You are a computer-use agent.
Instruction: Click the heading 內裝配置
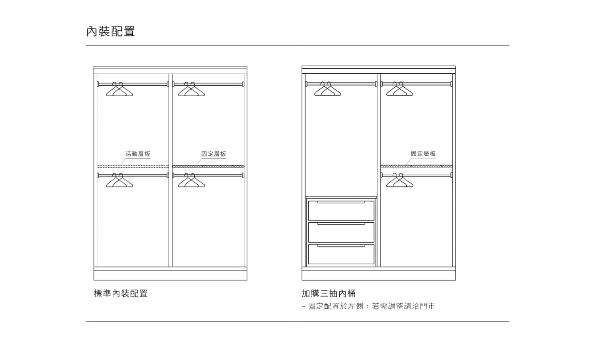click(x=111, y=31)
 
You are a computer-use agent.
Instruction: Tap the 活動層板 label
click(x=138, y=154)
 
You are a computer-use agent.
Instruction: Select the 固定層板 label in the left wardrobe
click(x=214, y=154)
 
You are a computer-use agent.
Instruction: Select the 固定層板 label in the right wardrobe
click(x=423, y=154)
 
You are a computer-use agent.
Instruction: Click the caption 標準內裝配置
click(x=121, y=293)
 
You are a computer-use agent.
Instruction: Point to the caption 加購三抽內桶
click(x=329, y=293)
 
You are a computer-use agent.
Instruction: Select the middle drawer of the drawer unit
click(x=341, y=232)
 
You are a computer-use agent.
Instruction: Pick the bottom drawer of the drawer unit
click(x=341, y=254)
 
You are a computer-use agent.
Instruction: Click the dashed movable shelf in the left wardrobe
click(x=133, y=166)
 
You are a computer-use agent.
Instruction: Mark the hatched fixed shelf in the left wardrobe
click(x=208, y=166)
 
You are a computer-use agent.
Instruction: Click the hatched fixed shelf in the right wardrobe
click(x=416, y=166)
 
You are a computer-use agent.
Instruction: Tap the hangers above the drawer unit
click(x=327, y=89)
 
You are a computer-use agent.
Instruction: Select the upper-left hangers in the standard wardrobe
click(x=119, y=90)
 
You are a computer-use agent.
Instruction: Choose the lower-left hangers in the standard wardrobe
click(x=119, y=180)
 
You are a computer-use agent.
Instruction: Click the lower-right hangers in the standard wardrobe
click(x=191, y=180)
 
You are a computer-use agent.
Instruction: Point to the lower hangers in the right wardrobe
click(x=400, y=180)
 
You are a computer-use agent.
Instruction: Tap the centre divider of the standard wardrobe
click(x=170, y=170)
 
